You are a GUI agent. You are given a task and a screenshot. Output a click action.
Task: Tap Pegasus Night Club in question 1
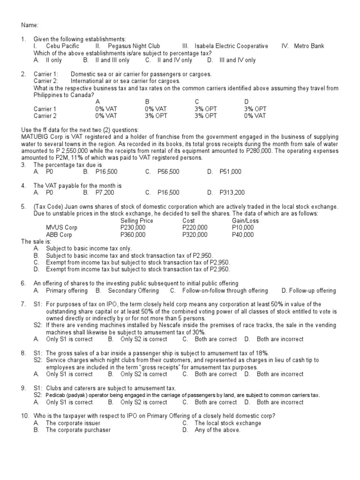(134, 46)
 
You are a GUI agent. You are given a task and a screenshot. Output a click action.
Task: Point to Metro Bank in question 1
(309, 46)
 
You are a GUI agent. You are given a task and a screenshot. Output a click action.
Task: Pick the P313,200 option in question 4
(232, 193)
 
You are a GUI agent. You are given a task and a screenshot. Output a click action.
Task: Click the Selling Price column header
(136, 221)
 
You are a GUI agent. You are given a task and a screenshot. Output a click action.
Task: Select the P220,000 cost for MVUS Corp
(195, 228)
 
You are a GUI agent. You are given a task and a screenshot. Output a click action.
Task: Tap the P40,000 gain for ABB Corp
(243, 235)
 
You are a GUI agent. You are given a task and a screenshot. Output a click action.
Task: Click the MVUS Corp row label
(61, 228)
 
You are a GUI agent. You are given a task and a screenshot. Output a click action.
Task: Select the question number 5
(23, 207)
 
